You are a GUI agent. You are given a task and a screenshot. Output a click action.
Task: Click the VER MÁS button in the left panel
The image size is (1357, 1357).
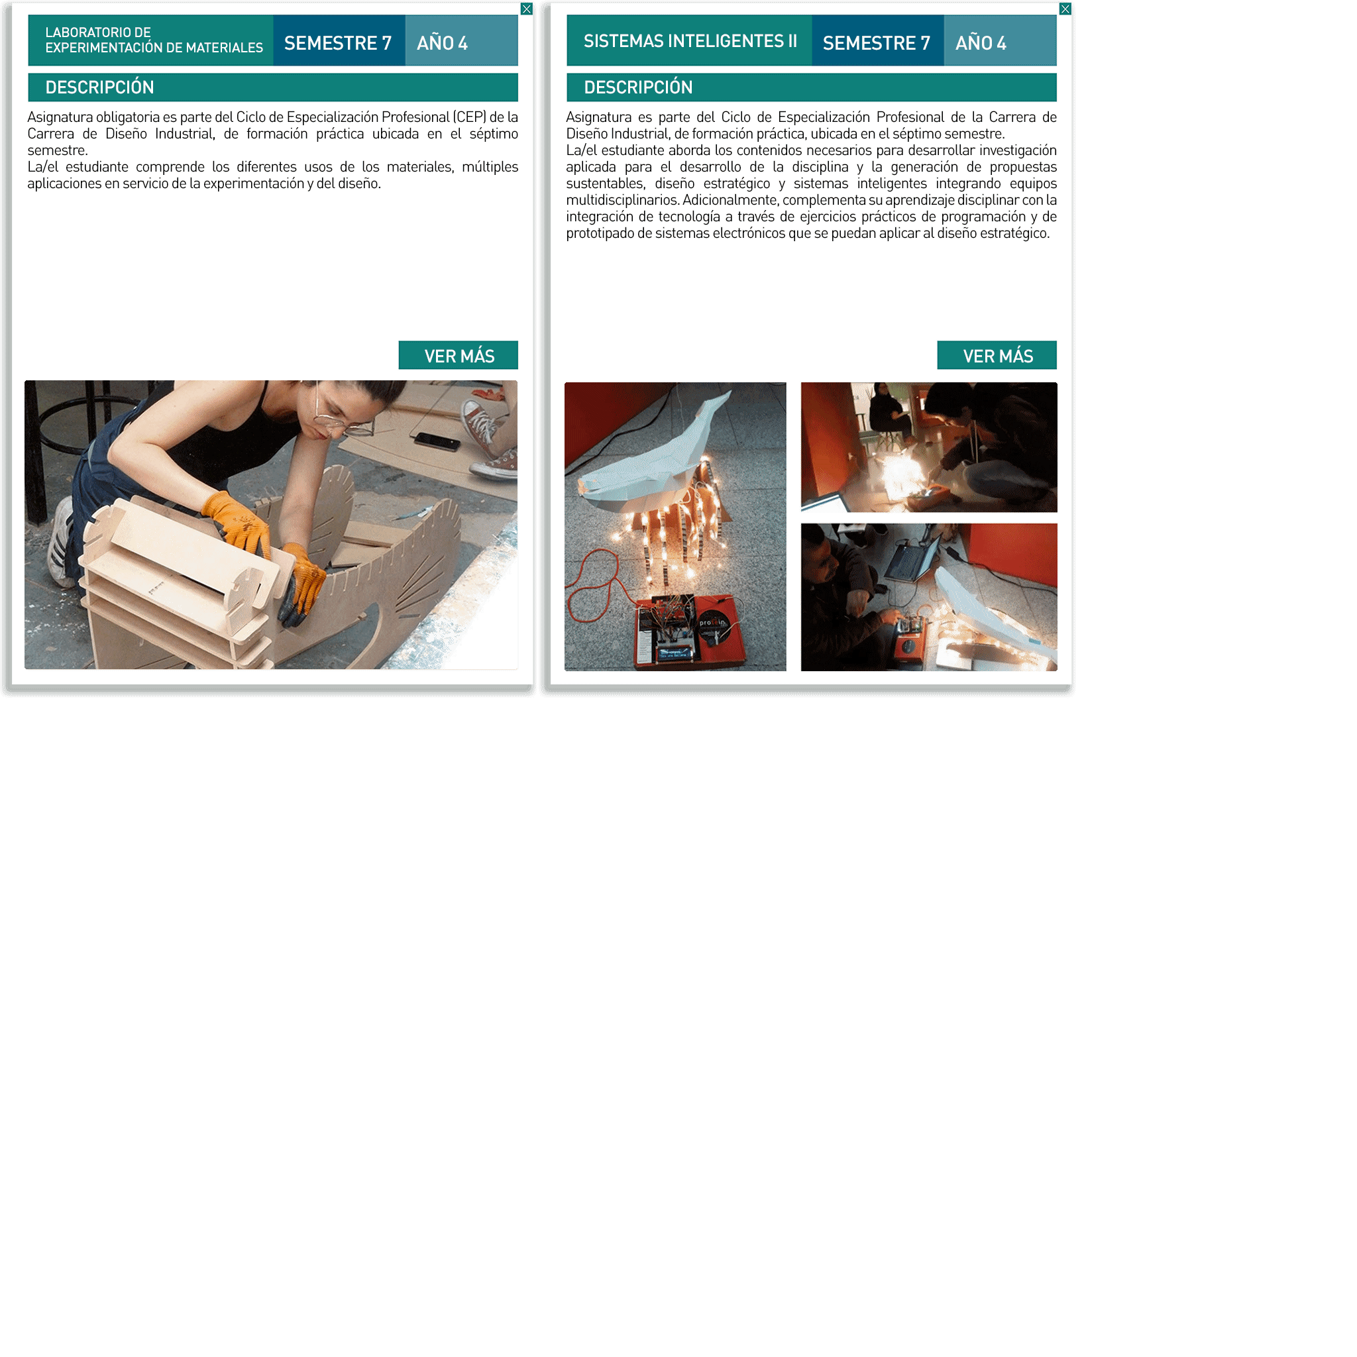pyautogui.click(x=458, y=355)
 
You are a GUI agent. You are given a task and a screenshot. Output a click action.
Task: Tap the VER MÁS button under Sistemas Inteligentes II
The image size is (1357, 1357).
pyautogui.click(x=997, y=355)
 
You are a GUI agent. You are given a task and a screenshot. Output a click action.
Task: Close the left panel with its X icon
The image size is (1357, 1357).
pyautogui.click(x=527, y=9)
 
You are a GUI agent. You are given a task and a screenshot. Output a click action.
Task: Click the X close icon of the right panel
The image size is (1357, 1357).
pyautogui.click(x=1065, y=9)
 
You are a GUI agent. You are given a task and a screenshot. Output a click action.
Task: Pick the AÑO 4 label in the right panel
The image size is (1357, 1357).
pyautogui.click(x=981, y=43)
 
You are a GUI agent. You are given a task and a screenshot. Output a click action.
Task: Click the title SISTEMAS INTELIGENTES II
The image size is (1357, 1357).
pyautogui.click(x=690, y=40)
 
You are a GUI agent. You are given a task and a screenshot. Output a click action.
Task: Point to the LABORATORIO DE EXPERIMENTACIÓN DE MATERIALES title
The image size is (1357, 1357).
pyautogui.click(x=154, y=40)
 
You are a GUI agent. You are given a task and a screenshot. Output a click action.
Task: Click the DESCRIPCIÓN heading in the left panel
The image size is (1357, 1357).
pyautogui.click(x=100, y=87)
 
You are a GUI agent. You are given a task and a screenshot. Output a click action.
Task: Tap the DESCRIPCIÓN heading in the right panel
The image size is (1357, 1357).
pyautogui.click(x=639, y=87)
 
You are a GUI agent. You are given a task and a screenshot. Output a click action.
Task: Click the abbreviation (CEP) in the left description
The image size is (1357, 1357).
pyautogui.click(x=470, y=117)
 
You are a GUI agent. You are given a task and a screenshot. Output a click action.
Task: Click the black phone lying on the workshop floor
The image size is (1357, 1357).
pyautogui.click(x=437, y=441)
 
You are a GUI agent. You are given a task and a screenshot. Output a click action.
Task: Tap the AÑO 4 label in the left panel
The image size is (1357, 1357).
pyautogui.click(x=442, y=43)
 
